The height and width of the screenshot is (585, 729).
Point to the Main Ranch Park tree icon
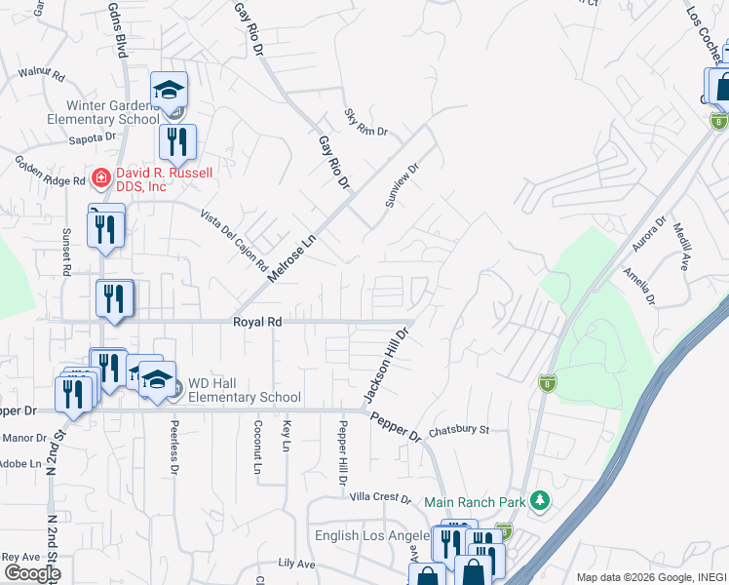point(539,501)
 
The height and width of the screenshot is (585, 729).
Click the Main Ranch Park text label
point(474,502)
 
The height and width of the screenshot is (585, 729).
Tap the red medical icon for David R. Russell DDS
point(99,176)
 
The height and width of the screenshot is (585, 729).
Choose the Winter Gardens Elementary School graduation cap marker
point(169,91)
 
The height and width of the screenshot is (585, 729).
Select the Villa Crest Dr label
point(380,496)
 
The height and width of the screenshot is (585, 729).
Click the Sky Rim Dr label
point(366,123)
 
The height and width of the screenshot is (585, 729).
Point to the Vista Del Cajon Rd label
point(234,240)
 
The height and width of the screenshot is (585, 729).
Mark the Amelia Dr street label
point(640,286)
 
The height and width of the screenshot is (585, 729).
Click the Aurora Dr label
point(648,234)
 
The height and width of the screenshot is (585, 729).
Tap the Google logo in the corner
point(31,572)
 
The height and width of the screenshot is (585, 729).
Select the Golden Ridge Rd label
point(49,168)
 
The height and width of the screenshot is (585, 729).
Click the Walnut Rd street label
point(40,74)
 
